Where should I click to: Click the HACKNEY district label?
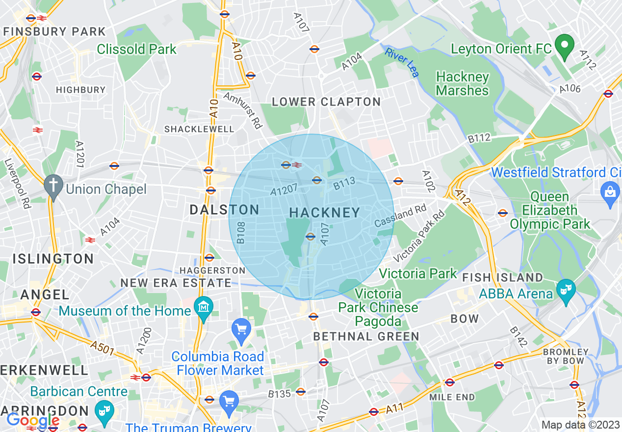click(x=325, y=213)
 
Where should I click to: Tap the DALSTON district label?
click(x=225, y=210)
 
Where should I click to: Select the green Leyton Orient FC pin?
click(x=564, y=46)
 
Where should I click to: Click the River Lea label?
click(x=402, y=62)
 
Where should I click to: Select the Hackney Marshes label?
click(x=463, y=84)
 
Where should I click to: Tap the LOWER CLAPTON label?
click(x=326, y=102)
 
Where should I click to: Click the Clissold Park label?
click(x=136, y=49)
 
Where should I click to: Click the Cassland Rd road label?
click(x=400, y=216)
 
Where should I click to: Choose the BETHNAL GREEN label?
click(x=366, y=336)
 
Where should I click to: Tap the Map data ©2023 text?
click(x=580, y=425)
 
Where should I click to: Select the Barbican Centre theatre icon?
click(x=103, y=408)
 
